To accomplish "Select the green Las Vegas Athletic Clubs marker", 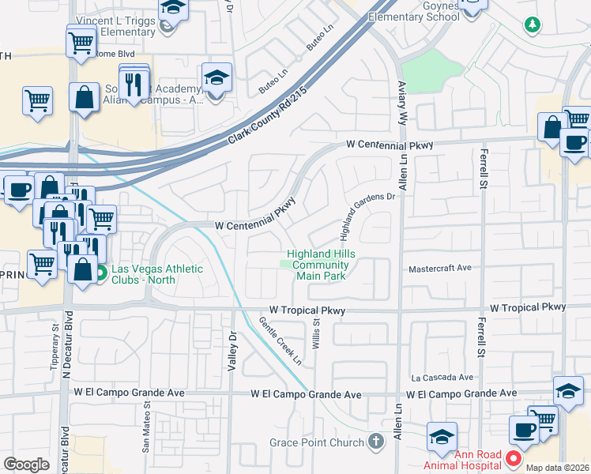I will pyautogui.click(x=100, y=274).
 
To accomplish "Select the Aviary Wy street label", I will pyautogui.click(x=402, y=103).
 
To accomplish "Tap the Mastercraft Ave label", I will pyautogui.click(x=439, y=269).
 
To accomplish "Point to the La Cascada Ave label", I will pyautogui.click(x=442, y=378).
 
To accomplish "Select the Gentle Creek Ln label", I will pyautogui.click(x=280, y=340).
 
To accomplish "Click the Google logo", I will pyautogui.click(x=26, y=465).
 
